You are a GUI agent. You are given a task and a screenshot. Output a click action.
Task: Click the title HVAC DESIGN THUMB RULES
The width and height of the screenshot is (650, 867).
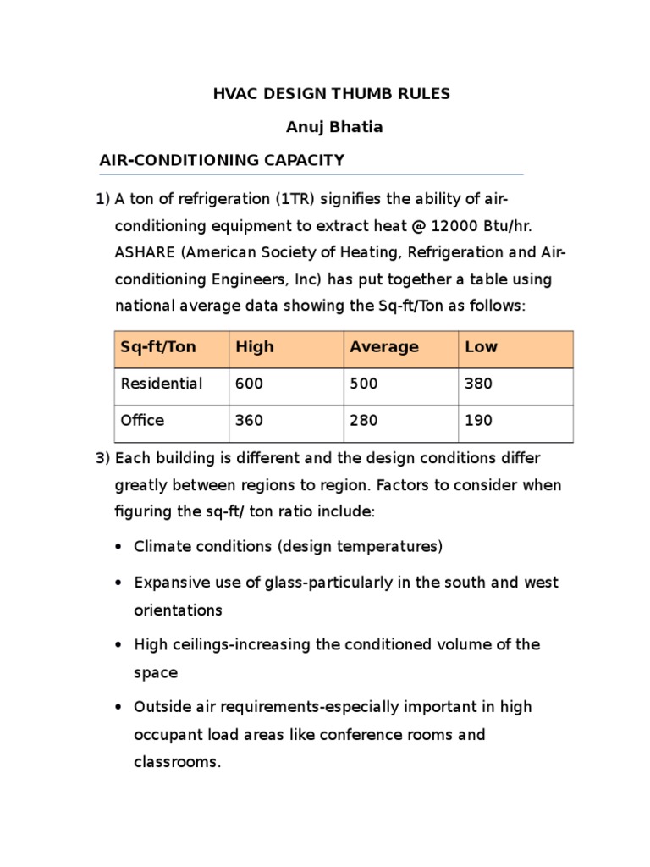tap(331, 94)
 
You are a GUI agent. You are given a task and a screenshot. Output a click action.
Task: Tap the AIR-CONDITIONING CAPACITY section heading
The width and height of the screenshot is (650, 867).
tap(222, 159)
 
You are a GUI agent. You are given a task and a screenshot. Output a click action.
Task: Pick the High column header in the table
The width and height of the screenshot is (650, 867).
tap(255, 346)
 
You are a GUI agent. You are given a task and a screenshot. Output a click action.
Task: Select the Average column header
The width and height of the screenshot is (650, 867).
tap(384, 346)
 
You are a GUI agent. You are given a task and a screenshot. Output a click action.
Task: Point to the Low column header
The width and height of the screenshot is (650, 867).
tap(482, 346)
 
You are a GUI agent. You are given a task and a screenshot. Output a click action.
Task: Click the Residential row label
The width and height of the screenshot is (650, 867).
tap(162, 384)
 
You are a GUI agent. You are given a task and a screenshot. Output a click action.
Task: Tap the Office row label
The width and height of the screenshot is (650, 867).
tap(143, 420)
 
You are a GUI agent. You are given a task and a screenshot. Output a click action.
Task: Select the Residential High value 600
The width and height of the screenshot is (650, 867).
tap(249, 384)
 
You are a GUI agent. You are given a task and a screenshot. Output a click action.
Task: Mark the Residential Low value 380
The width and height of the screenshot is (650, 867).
tap(479, 384)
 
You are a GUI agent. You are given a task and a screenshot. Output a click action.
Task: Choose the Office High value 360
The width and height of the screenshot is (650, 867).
tap(249, 420)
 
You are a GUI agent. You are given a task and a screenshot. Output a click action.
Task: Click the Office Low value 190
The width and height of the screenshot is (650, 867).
tap(479, 420)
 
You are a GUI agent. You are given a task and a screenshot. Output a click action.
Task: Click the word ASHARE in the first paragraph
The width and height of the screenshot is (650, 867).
tap(142, 252)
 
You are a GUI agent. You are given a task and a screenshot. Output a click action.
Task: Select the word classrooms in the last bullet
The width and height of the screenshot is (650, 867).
tap(175, 762)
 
